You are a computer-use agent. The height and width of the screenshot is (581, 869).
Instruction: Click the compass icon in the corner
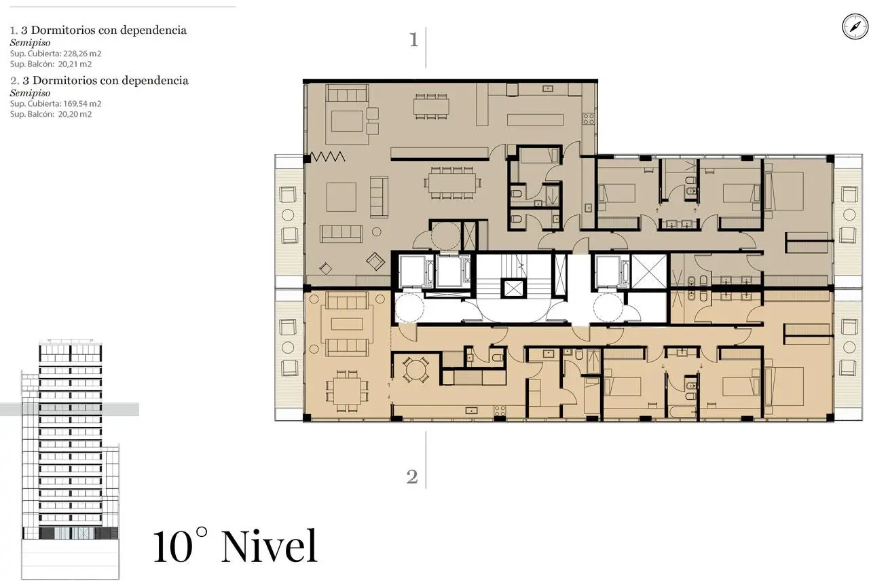tap(855, 26)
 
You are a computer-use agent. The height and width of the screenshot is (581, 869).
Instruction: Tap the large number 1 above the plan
tap(414, 40)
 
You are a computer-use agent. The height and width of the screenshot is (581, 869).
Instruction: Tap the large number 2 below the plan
tap(412, 476)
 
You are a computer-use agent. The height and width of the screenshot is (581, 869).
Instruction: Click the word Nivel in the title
tap(270, 546)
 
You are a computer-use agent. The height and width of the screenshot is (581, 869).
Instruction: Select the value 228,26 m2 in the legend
tap(82, 54)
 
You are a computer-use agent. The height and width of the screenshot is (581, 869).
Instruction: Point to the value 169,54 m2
tap(82, 104)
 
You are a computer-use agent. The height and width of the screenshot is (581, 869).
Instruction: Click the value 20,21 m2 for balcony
tap(75, 64)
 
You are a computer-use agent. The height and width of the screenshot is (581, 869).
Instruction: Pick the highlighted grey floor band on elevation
tap(69, 409)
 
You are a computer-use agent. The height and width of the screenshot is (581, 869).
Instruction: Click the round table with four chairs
tap(415, 370)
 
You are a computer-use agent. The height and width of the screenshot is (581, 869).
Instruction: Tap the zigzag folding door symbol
tap(328, 157)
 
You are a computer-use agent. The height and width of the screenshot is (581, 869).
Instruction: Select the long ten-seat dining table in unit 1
tap(452, 183)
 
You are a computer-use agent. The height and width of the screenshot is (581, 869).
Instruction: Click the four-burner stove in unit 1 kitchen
tap(588, 118)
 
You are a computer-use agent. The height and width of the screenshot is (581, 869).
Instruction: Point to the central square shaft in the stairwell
tap(513, 288)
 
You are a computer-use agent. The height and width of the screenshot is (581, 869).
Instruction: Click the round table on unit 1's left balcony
tap(287, 215)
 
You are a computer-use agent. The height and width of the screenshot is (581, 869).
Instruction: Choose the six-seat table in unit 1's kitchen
tap(431, 106)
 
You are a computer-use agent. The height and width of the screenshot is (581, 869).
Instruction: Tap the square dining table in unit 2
tap(347, 391)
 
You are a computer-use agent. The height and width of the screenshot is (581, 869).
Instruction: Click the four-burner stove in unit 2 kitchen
tap(499, 411)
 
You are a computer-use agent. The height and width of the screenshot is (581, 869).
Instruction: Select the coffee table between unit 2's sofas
tap(347, 324)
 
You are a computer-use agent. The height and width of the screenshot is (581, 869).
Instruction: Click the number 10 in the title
tap(173, 547)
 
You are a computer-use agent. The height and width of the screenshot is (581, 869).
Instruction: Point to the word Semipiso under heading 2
tap(31, 93)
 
